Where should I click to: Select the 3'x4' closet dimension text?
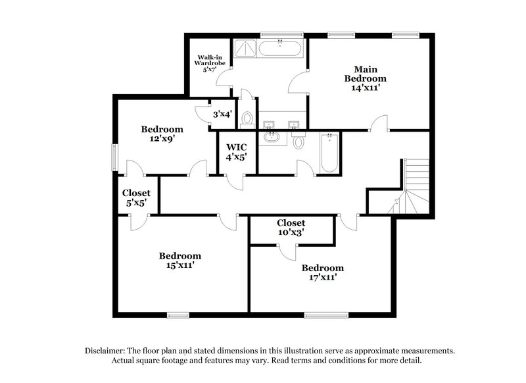click(x=222, y=115)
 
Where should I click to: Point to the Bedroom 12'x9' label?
click(x=162, y=134)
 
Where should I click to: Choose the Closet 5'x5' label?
click(x=136, y=198)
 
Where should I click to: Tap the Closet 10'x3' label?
click(x=290, y=228)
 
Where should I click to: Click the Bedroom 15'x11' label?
click(x=179, y=261)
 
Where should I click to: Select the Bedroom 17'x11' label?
click(x=322, y=272)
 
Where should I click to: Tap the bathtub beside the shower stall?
click(x=280, y=47)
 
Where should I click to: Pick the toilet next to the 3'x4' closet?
click(x=247, y=119)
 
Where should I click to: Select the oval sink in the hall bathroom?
click(x=271, y=138)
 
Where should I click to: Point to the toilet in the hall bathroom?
click(x=299, y=141)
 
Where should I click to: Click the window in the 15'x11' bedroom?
click(x=177, y=313)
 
